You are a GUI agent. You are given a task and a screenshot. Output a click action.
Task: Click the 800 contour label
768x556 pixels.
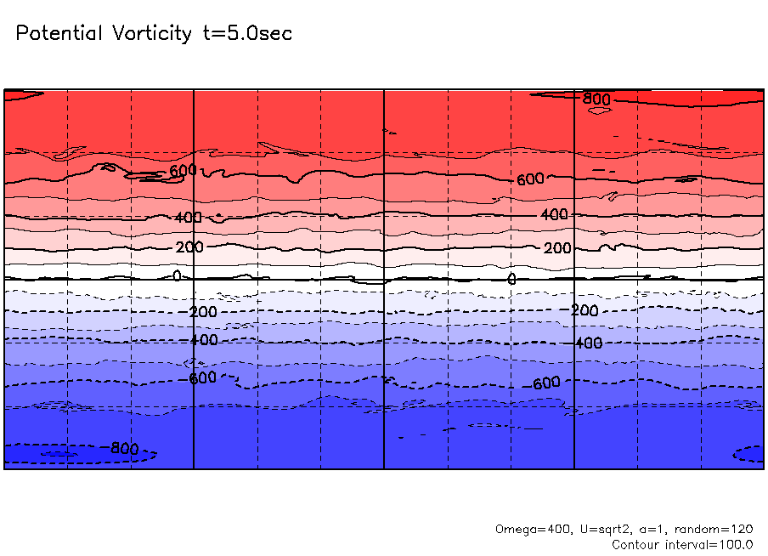click(x=597, y=99)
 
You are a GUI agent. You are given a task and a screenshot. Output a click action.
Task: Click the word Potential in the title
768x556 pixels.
click(x=59, y=34)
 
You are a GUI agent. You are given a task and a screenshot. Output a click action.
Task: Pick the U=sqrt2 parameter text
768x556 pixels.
click(x=594, y=529)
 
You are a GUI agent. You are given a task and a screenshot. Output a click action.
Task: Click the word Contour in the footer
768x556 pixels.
click(x=637, y=544)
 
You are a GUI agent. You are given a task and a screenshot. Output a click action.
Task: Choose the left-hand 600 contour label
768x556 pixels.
click(x=183, y=171)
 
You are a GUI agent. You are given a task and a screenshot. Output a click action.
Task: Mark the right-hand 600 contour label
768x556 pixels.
click(x=530, y=179)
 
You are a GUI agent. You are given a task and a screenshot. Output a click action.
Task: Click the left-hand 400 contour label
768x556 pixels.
click(x=189, y=218)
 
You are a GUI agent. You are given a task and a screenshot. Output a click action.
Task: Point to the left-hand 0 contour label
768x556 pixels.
click(x=177, y=275)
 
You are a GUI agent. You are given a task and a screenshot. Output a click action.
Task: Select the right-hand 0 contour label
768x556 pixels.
click(x=511, y=279)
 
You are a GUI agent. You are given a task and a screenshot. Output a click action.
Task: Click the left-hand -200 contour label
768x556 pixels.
click(x=202, y=312)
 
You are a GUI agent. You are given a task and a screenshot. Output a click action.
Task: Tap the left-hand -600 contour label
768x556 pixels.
click(x=202, y=377)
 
